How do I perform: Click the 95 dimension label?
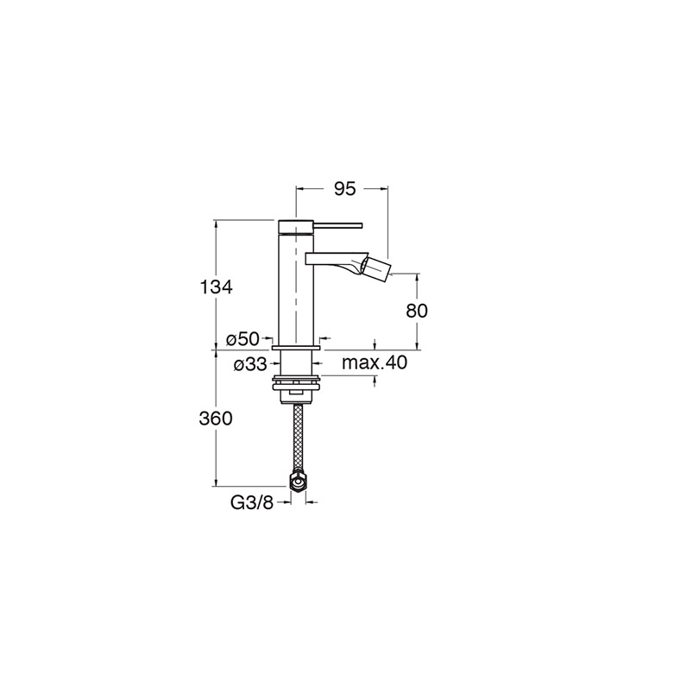(345, 189)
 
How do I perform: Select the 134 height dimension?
(216, 287)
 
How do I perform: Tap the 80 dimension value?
(417, 311)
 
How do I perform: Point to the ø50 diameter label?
(242, 339)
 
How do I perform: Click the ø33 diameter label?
(250, 365)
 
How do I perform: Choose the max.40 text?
(375, 362)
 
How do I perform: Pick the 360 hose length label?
(216, 419)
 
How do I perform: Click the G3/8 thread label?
(251, 503)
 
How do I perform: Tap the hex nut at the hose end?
(298, 482)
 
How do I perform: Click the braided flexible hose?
(298, 438)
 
